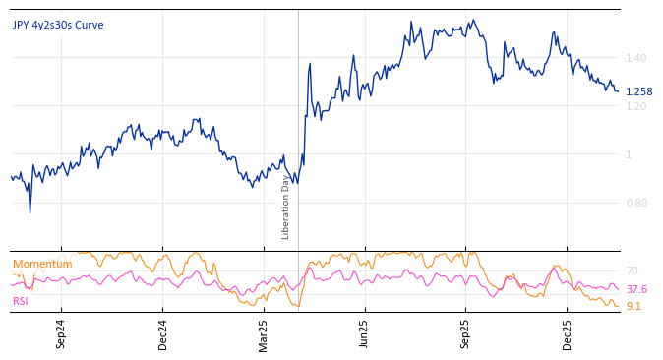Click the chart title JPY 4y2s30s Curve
click(58, 25)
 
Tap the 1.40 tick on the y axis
click(636, 59)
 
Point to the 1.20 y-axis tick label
click(636, 106)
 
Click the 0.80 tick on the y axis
click(636, 203)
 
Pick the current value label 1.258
click(638, 91)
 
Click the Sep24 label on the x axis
click(61, 333)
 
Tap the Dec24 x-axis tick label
click(163, 333)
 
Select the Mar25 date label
click(264, 333)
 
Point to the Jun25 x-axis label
click(364, 333)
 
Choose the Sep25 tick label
click(465, 333)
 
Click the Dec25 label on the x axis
click(567, 333)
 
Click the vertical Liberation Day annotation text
click(286, 207)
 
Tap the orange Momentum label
click(42, 264)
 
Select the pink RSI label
click(21, 301)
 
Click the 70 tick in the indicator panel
click(632, 270)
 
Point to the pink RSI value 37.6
click(636, 289)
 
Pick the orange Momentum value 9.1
click(633, 306)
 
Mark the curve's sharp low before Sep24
click(30, 211)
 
